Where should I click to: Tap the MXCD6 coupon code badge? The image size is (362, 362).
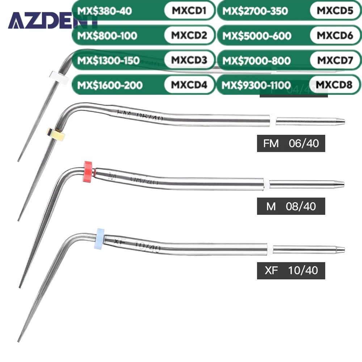click(x=335, y=35)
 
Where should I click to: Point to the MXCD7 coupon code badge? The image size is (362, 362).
click(x=335, y=60)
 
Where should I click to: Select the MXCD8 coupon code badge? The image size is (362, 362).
click(x=335, y=85)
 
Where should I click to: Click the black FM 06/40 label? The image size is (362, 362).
click(x=288, y=144)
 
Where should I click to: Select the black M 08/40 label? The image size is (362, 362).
click(x=291, y=206)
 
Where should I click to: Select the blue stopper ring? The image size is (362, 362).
click(x=99, y=237)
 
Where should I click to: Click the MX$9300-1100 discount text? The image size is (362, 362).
click(x=257, y=85)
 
